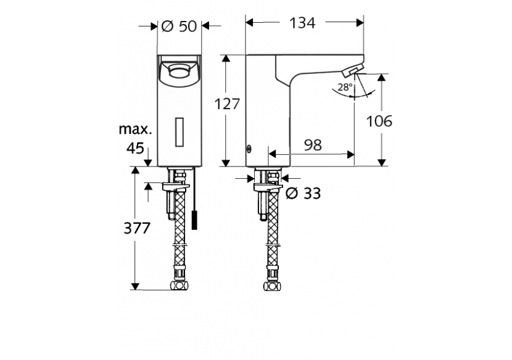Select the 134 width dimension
[302, 23]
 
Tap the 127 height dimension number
[227, 104]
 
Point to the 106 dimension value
[380, 121]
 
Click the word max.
[134, 129]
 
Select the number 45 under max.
[134, 148]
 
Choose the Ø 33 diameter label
[303, 194]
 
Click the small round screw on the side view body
[249, 148]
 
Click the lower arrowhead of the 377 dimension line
[134, 286]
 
